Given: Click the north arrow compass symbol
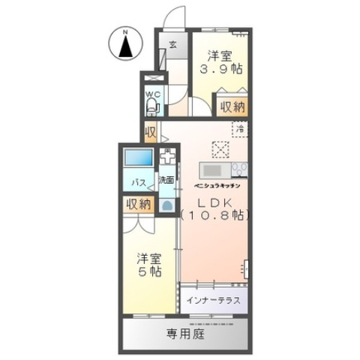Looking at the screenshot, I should pos(125,46).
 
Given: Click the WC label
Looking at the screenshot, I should pos(152,94).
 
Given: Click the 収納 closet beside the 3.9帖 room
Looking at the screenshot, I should pos(231,106).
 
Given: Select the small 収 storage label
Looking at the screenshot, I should pos(150,133).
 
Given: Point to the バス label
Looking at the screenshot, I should pos(139,182).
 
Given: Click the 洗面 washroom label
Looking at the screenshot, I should pos(166,180).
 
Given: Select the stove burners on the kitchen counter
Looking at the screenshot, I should pos(240,167).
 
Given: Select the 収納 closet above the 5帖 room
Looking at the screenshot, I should pos(138,203).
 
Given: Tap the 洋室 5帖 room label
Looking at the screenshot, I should pos(147,265).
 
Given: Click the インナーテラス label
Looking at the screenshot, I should pos(213,301).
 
